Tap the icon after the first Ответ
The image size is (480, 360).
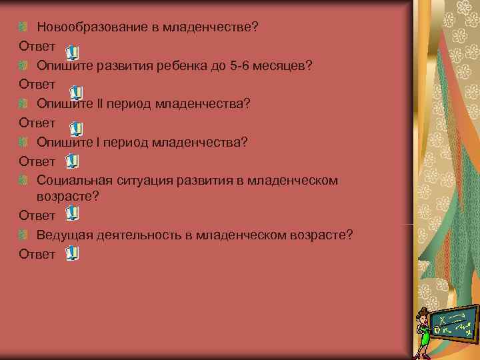73,51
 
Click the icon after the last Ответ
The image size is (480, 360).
73,253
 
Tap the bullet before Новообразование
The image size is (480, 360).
24,27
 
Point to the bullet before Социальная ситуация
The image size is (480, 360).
24,180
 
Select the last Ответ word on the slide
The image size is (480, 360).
37,254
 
